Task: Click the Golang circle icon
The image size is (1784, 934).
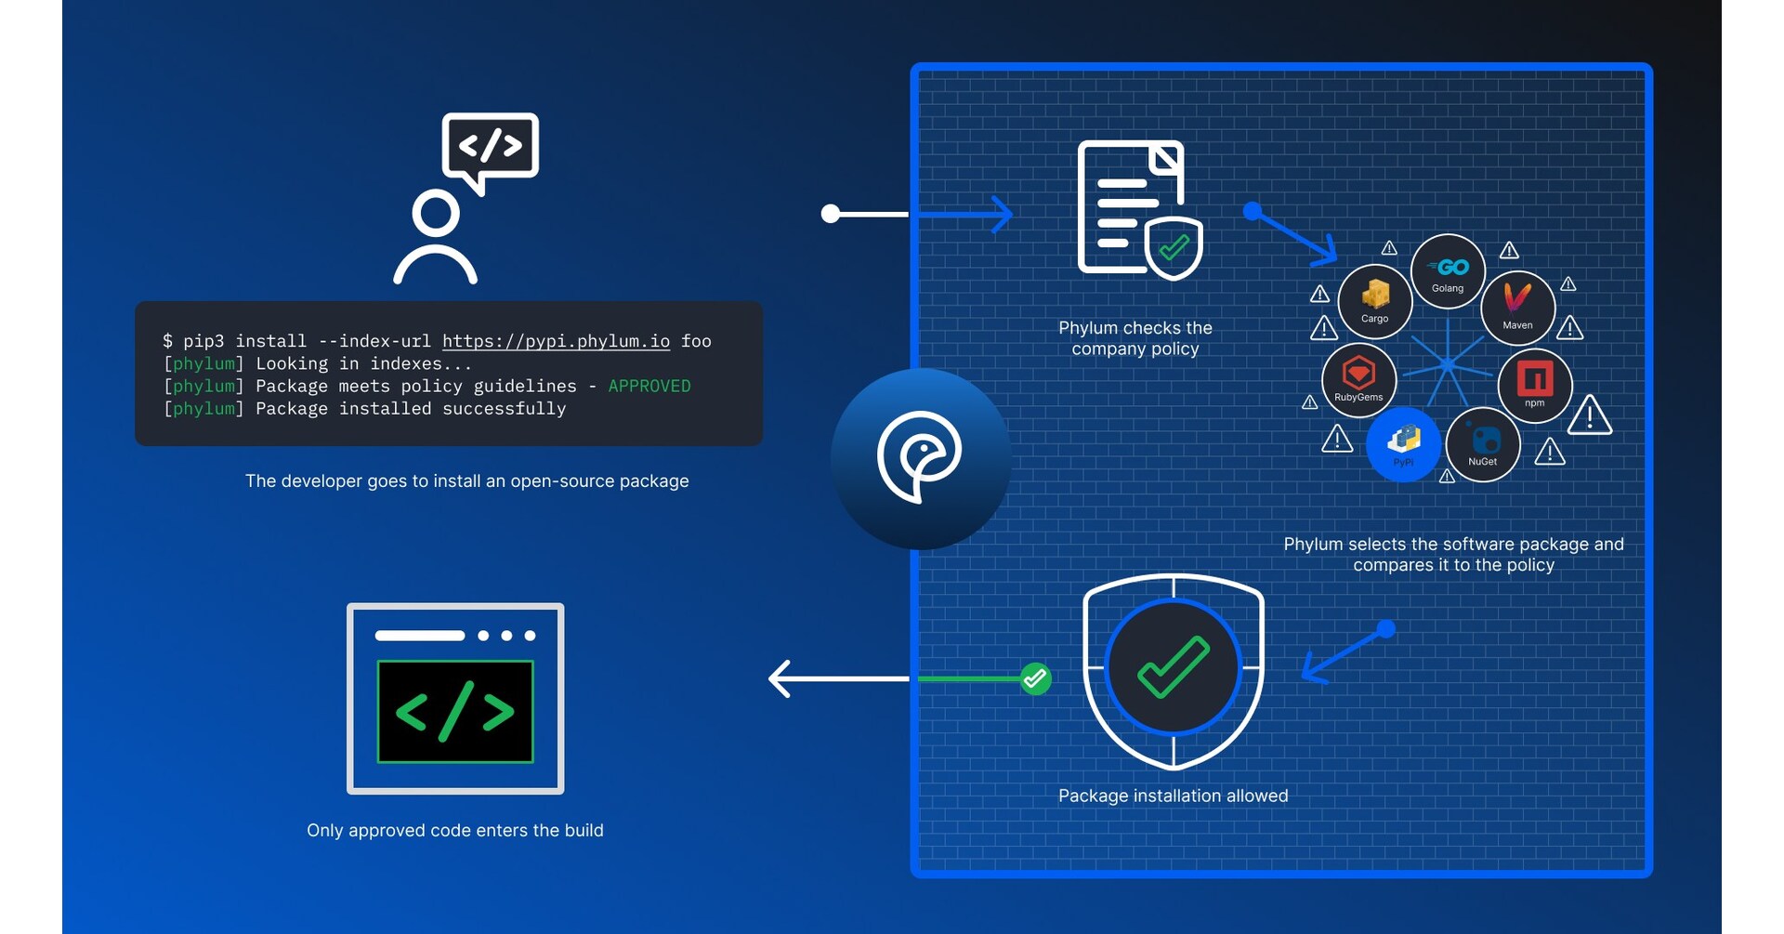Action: click(1447, 271)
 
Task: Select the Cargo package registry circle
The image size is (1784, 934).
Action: click(1374, 301)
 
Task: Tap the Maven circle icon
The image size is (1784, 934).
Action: click(1516, 307)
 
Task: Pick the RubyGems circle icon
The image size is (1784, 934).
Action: click(1358, 379)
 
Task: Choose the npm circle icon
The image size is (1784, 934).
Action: click(1534, 385)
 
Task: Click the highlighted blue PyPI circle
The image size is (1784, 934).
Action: click(1403, 443)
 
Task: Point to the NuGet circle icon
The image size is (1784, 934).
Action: click(1482, 444)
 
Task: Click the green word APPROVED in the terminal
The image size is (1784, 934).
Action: click(649, 386)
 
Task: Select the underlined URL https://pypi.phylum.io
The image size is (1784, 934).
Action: click(556, 341)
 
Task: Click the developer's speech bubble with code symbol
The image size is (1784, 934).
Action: click(491, 147)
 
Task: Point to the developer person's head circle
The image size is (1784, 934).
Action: click(435, 214)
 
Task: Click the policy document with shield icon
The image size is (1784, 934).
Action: click(1138, 209)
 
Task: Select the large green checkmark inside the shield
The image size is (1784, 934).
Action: click(1173, 667)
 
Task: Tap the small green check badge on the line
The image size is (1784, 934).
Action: click(1035, 678)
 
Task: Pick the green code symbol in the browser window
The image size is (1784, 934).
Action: click(455, 712)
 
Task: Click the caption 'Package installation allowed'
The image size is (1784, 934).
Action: click(1173, 796)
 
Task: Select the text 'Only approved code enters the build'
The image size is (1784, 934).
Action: click(454, 830)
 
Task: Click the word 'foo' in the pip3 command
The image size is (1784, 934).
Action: click(696, 341)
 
